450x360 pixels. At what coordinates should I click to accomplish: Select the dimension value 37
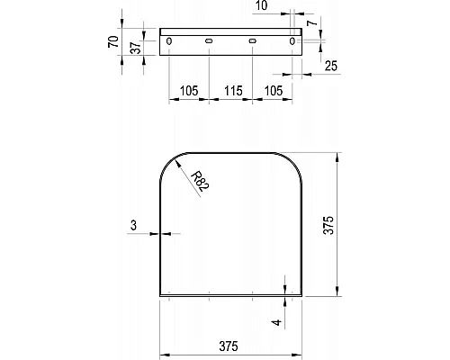[134, 48]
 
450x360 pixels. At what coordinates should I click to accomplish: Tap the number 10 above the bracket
[261, 6]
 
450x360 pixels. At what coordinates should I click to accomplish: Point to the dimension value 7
[310, 21]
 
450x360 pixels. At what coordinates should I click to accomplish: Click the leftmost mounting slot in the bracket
[168, 41]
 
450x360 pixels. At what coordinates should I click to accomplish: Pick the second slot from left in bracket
[209, 41]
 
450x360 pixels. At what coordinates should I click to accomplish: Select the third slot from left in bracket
[253, 41]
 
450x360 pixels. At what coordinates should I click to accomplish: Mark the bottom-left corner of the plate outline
[160, 294]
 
